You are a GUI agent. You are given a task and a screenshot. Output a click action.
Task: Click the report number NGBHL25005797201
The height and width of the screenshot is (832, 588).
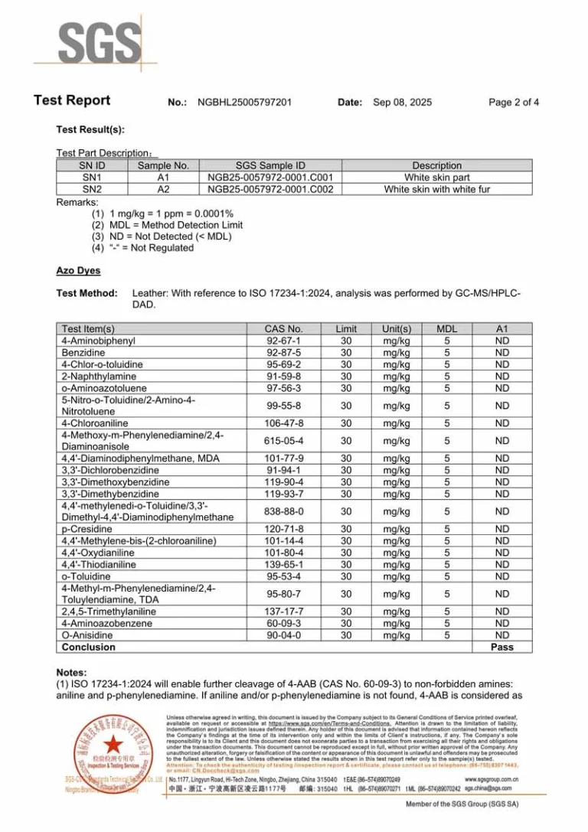point(244,102)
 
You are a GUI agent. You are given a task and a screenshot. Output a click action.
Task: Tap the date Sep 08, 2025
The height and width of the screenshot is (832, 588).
point(402,102)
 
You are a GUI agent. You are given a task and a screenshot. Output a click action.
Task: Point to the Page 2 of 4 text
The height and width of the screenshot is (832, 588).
point(514,102)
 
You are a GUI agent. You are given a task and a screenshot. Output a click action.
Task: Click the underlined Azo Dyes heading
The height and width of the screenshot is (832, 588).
point(78,271)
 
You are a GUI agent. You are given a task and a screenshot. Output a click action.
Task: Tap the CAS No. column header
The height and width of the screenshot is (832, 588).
point(283,329)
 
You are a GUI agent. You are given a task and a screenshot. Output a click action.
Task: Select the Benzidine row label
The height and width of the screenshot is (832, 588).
point(83,353)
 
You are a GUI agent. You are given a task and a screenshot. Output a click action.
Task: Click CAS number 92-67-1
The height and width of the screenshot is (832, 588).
point(283,341)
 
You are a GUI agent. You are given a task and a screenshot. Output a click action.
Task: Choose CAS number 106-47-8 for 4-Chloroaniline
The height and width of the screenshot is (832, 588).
point(284,423)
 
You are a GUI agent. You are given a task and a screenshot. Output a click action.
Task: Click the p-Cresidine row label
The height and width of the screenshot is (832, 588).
point(87,529)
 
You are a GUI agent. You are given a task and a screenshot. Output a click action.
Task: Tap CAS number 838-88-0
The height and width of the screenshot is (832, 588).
point(284,511)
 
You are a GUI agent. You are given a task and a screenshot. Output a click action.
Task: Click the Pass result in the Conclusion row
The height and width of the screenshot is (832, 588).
point(502,647)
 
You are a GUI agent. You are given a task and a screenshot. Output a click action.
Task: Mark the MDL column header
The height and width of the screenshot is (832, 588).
point(446,329)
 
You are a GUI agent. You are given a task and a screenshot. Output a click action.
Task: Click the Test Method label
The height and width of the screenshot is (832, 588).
point(87,293)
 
